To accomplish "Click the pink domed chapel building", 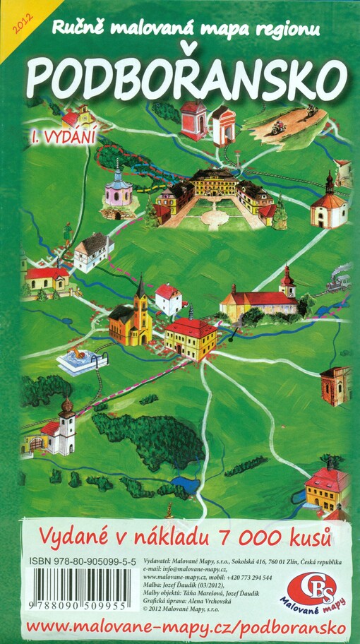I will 119,188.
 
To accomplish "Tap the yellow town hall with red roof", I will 191,337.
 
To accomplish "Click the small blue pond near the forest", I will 184,486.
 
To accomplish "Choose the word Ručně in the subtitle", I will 75,28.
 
